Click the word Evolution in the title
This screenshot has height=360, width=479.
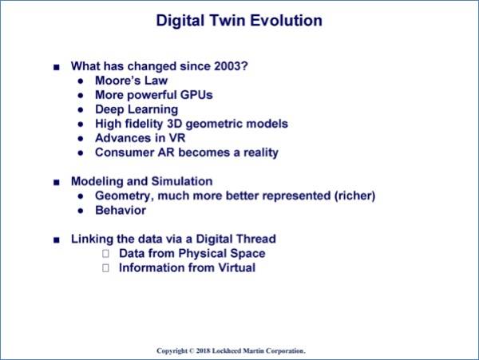287,21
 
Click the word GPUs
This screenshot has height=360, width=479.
196,95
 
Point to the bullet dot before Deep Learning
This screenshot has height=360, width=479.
81,110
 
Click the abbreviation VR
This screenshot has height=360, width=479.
177,138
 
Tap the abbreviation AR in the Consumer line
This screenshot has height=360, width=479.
166,152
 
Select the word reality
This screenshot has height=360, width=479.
261,153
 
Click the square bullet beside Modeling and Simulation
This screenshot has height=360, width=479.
57,182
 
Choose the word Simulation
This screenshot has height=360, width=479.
182,181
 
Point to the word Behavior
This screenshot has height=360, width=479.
121,211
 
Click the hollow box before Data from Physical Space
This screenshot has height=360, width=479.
105,253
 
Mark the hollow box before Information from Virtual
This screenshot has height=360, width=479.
105,267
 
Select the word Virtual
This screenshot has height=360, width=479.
237,267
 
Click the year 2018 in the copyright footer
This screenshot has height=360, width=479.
203,351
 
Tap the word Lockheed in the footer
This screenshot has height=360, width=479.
227,351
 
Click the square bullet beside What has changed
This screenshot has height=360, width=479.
57,67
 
